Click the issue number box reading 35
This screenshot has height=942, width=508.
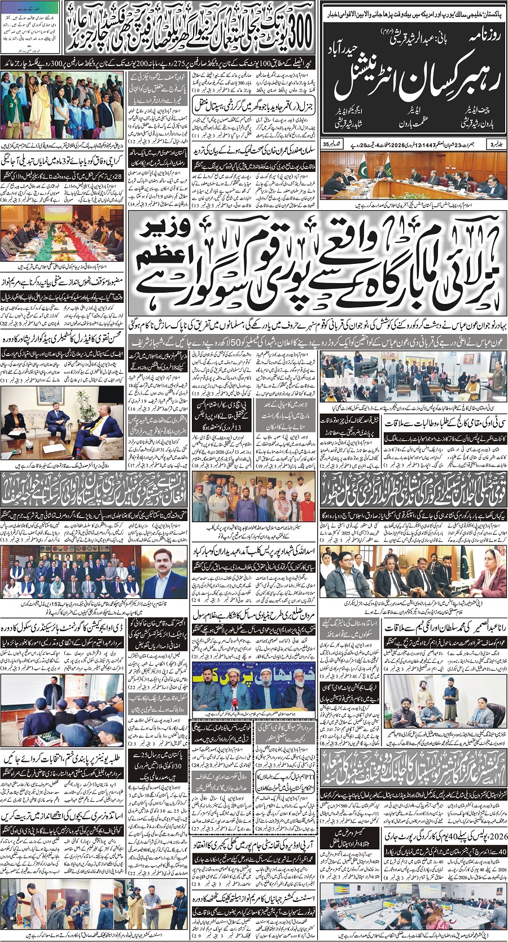326,145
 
